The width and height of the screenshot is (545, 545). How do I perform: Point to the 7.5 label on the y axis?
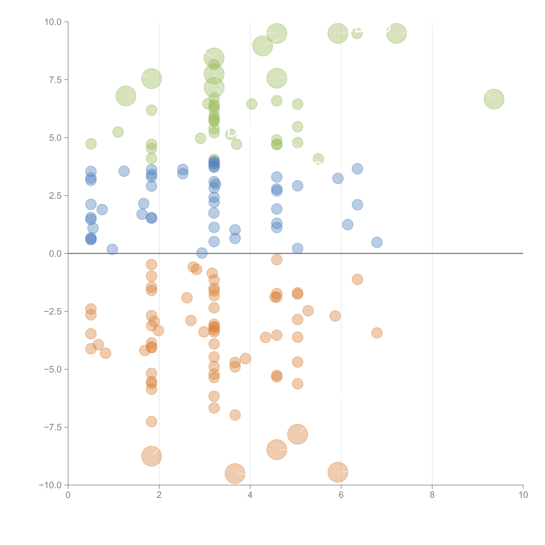pyautogui.click(x=55, y=80)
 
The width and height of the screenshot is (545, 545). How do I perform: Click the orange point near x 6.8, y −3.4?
pyautogui.click(x=377, y=333)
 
